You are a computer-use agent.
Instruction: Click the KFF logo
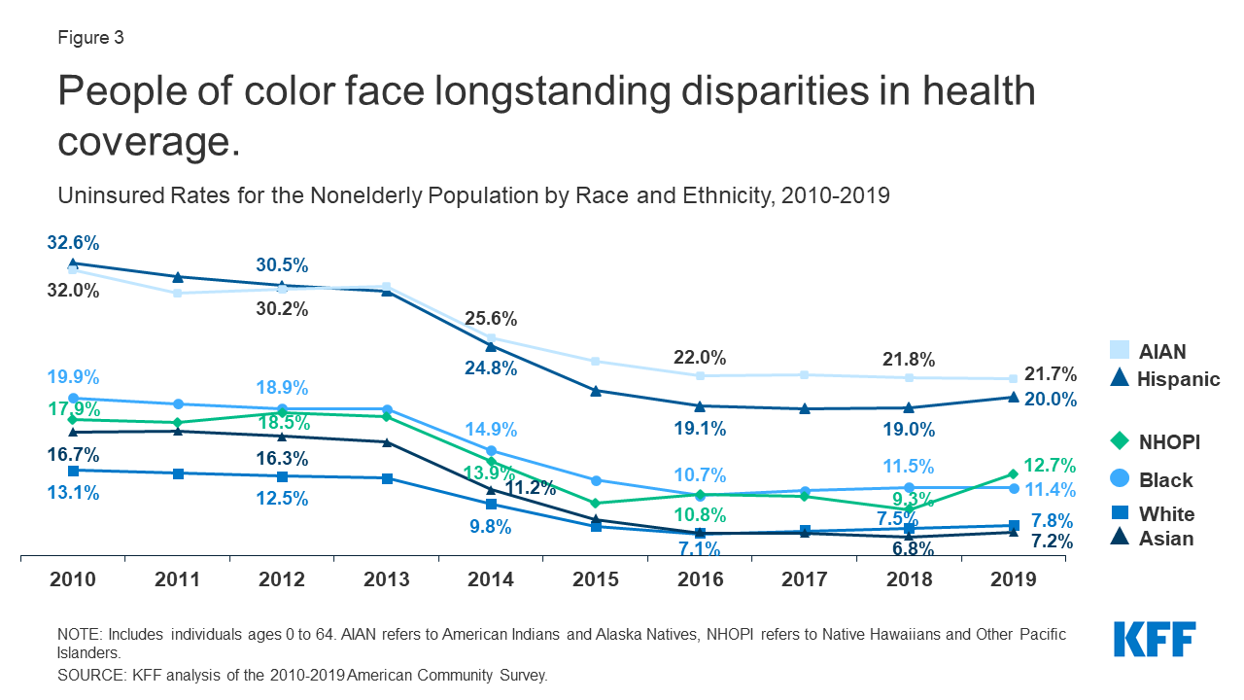[x=1154, y=641]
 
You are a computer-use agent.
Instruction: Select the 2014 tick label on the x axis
[x=491, y=579]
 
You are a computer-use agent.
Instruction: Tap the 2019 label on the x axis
[x=1014, y=579]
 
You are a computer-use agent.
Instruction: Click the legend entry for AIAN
[x=1151, y=352]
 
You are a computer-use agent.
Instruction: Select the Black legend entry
[x=1152, y=480]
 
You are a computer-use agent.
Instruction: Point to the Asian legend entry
[x=1152, y=539]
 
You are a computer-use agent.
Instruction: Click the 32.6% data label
[x=72, y=243]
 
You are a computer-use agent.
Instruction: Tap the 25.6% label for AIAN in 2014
[x=491, y=318]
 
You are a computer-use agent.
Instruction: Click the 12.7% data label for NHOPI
[x=1049, y=465]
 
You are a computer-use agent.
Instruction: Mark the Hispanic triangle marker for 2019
[x=1014, y=397]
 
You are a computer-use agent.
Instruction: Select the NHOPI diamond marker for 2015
[x=596, y=503]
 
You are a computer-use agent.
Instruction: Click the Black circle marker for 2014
[x=491, y=450]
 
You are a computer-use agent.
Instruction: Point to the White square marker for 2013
[x=387, y=478]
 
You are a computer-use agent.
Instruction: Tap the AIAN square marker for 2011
[x=177, y=293]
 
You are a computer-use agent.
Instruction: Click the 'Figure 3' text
[x=90, y=39]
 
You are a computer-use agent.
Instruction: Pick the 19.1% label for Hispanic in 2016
[x=700, y=429]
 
